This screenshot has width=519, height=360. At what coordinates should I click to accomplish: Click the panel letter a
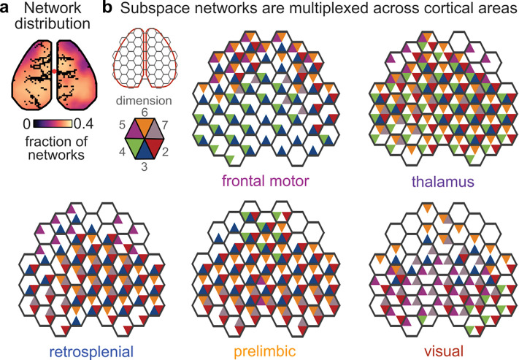tap(6, 8)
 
